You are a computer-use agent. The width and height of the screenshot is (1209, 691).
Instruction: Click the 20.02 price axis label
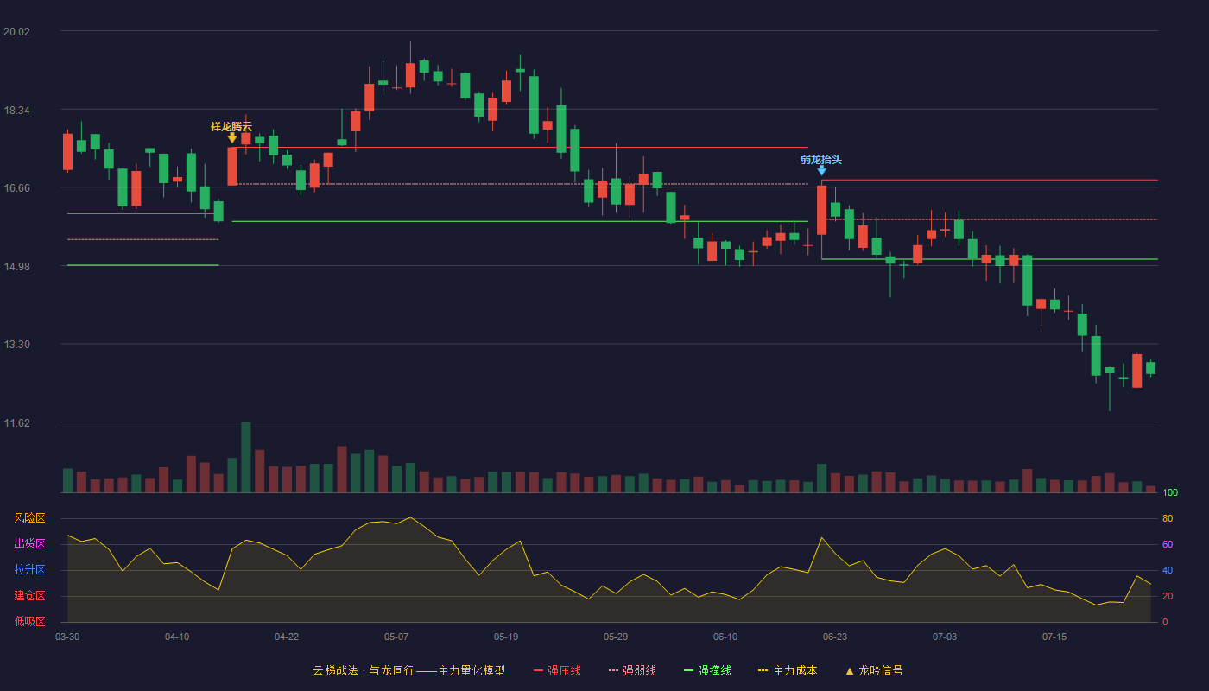(x=16, y=32)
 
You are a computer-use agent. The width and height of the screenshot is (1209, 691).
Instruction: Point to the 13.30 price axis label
(x=16, y=345)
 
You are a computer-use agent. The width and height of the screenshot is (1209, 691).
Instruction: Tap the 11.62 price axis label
(x=16, y=422)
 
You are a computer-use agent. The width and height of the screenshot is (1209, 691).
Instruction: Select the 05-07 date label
(x=396, y=637)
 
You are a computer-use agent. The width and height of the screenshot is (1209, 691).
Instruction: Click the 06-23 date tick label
(x=835, y=637)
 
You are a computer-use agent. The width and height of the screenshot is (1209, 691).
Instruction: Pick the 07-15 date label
(x=1054, y=637)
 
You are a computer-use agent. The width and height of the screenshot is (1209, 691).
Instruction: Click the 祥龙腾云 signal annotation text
(x=231, y=127)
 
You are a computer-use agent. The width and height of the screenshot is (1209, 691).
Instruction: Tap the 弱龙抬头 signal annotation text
(x=821, y=160)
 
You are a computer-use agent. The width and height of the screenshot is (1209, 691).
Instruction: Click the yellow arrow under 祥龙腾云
(x=232, y=138)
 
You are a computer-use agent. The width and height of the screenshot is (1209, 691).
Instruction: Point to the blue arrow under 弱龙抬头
(x=821, y=171)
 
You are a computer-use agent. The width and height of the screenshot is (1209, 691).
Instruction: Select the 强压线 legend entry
(x=557, y=670)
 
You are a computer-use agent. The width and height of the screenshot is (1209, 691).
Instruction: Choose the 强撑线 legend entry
(x=707, y=670)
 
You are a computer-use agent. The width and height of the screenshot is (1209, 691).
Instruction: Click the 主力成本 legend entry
(x=788, y=670)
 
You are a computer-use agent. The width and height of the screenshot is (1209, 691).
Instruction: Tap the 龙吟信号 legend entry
(x=874, y=670)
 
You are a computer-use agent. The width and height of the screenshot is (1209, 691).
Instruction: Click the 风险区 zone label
(x=29, y=518)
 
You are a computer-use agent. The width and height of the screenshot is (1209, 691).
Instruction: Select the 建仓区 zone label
(x=29, y=596)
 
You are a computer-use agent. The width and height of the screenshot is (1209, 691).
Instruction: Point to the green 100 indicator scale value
(x=1170, y=492)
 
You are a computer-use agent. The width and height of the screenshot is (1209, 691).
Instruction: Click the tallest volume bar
(x=245, y=457)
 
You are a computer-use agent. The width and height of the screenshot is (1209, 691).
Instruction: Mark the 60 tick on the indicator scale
(x=1168, y=544)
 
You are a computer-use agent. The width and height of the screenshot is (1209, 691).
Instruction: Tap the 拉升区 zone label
(x=29, y=570)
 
